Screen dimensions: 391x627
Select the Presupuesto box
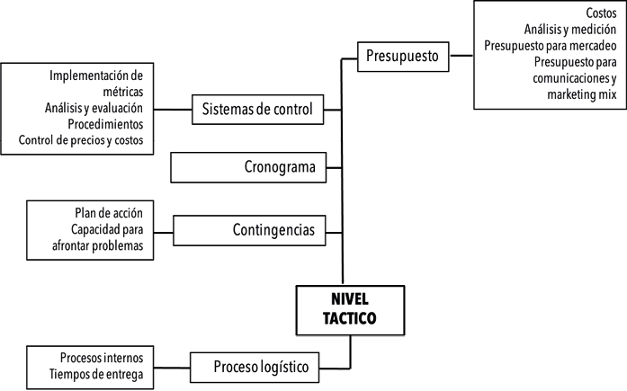click(x=401, y=56)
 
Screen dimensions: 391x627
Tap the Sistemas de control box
click(x=257, y=110)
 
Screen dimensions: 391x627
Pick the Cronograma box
click(x=250, y=166)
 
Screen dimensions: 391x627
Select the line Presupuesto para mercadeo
click(x=550, y=46)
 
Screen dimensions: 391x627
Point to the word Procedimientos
click(x=104, y=124)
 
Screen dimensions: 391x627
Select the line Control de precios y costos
click(x=82, y=140)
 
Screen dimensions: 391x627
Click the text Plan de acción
click(x=109, y=213)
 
